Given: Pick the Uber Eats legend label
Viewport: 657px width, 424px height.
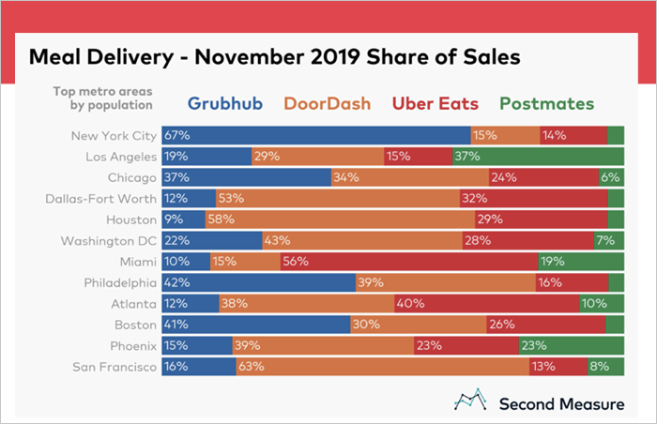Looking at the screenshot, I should [x=436, y=103].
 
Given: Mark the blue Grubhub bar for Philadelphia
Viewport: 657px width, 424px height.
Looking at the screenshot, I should [x=258, y=282].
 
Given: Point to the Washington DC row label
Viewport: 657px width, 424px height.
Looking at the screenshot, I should [x=110, y=240].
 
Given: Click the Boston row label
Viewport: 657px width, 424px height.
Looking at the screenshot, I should [x=132, y=325].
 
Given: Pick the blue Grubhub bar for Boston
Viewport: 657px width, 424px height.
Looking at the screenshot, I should [x=255, y=325].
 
